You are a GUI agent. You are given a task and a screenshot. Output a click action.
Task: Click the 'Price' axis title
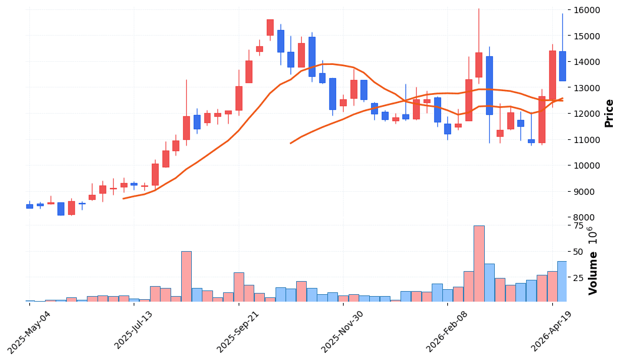pos(609,113)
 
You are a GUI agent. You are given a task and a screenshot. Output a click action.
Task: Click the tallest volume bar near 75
pos(479,264)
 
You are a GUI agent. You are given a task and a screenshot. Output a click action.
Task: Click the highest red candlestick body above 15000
pos(270,27)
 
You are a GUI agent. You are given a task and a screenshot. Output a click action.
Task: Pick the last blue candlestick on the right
pos(562,66)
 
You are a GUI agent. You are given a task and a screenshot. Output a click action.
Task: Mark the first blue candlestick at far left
pos(29,206)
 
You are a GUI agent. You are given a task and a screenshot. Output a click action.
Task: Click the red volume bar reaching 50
pos(186,277)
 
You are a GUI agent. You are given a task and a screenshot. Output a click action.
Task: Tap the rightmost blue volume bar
pos(562,282)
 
